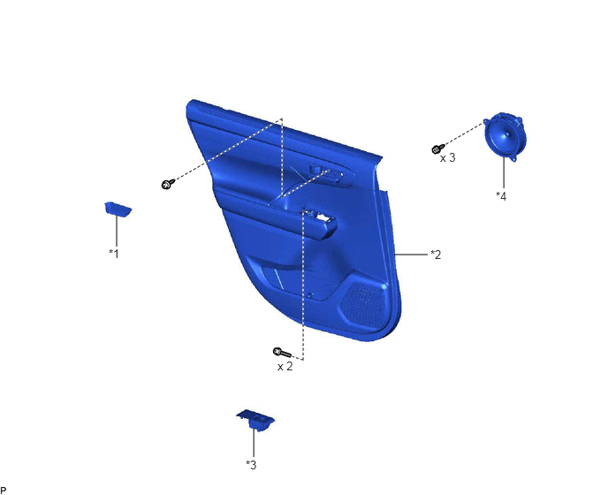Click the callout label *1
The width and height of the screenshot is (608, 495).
coord(114,254)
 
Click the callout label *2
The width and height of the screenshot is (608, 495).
coord(436,255)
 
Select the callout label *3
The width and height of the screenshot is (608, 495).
coord(251,464)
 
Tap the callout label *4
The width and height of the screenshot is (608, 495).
coord(501,196)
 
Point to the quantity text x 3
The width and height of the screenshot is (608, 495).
coord(447,158)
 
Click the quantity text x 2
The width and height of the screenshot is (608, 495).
coord(285,366)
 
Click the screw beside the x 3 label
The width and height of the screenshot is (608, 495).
coord(438,148)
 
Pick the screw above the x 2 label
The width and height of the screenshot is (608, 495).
coord(282,352)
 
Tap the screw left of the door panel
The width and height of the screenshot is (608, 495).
coord(168,184)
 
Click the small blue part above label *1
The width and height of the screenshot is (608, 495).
coord(118,209)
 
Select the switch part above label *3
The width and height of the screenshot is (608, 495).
coord(256,419)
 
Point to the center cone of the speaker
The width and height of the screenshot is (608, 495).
coord(506,136)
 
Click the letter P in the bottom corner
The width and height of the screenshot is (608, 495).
coord(4,491)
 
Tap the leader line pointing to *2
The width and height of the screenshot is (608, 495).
coord(412,255)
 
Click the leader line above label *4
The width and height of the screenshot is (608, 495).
coord(504,173)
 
